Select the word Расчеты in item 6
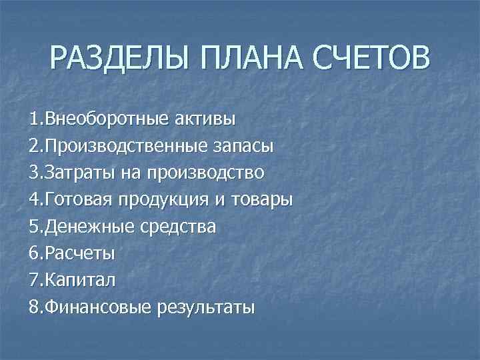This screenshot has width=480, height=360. tap(74, 254)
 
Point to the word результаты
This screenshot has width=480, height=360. tap(206, 308)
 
